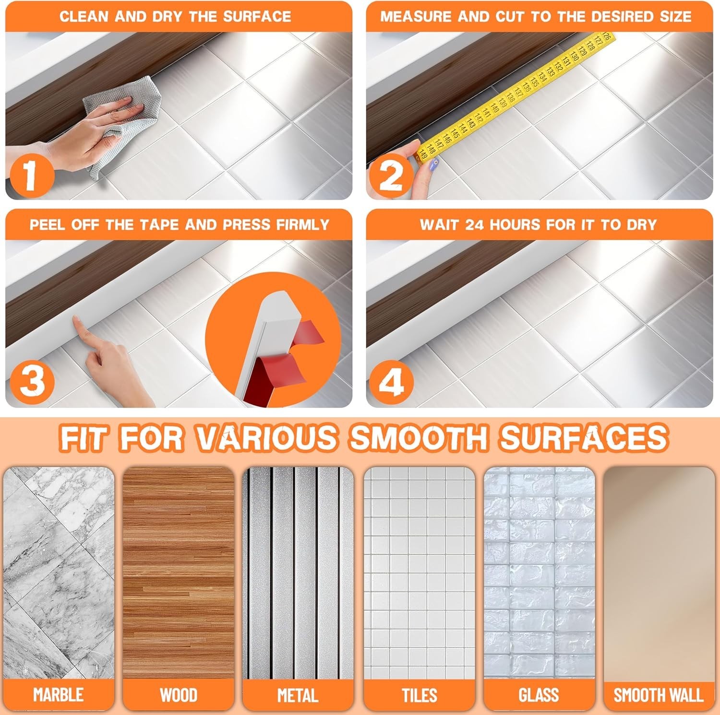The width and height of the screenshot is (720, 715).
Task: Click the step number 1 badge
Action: (x=30, y=175)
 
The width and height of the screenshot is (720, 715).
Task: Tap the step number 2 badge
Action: (x=390, y=176)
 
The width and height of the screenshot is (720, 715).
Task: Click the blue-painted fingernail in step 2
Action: (x=434, y=165)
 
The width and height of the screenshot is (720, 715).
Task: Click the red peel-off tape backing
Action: (x=288, y=355)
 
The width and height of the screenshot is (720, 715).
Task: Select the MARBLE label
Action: (x=58, y=694)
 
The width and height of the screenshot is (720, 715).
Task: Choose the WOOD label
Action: (x=178, y=695)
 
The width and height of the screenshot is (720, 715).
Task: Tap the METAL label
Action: (x=298, y=695)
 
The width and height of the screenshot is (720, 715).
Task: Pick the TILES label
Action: (x=419, y=695)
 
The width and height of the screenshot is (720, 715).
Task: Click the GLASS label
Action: (x=539, y=695)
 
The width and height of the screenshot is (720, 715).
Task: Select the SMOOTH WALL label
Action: (x=659, y=695)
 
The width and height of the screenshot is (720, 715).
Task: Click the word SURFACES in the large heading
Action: (x=583, y=437)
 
